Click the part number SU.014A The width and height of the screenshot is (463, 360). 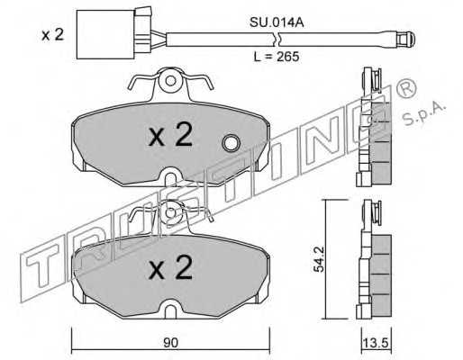(x=277, y=22)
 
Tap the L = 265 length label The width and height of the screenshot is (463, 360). (x=277, y=57)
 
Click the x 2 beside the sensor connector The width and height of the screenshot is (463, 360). (x=53, y=35)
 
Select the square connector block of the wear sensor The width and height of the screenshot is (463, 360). (x=105, y=34)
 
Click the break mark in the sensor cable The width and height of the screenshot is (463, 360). (x=277, y=40)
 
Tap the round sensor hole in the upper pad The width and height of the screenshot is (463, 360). (x=231, y=143)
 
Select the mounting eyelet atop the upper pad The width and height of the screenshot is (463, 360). (x=170, y=80)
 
